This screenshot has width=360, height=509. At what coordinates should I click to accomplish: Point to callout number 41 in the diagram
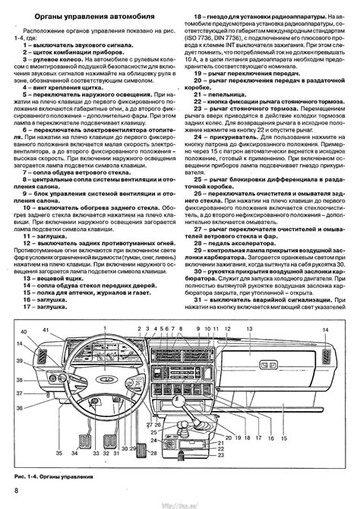pyautogui.click(x=46, y=331)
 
